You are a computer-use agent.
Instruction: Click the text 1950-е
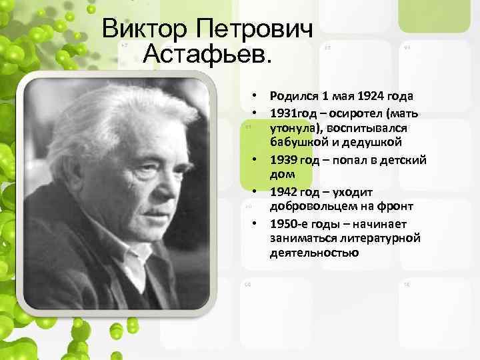(x=287, y=223)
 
